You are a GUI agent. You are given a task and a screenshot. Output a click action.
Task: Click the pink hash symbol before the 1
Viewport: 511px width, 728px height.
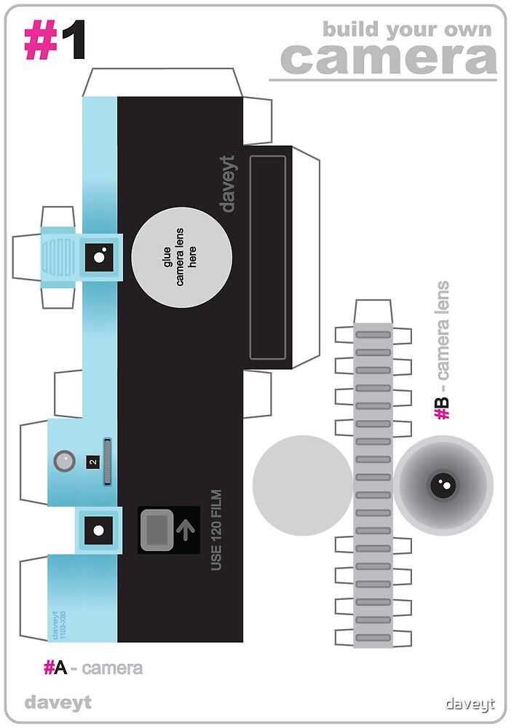pos(41,40)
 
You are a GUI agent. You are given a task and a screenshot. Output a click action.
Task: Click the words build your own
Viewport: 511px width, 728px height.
pos(407,30)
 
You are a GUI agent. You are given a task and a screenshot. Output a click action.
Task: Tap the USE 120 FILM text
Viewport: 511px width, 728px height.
pos(216,530)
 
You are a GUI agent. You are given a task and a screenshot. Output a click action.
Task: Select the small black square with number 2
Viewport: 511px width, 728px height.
pos(92,462)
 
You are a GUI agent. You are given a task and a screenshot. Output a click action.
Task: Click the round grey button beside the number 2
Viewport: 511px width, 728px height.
pos(64,460)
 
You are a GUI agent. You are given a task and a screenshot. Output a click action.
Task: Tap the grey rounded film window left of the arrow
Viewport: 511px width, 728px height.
pos(157,529)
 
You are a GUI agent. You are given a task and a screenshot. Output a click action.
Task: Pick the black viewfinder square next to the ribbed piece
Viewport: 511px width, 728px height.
pos(100,256)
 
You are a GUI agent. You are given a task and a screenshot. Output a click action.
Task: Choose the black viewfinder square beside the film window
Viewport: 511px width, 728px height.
pos(98,529)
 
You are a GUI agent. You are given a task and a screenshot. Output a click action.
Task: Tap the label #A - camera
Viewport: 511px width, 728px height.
pos(92,667)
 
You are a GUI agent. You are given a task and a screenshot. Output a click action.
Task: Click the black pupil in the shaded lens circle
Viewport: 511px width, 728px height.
pos(443,484)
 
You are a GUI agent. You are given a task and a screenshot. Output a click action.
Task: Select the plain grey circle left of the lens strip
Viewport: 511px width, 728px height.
pos(303,486)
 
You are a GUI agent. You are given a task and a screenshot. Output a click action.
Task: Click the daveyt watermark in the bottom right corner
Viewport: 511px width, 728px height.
pos(470,703)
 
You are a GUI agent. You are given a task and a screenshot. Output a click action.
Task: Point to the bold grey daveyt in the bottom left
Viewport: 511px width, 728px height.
pos(58,703)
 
